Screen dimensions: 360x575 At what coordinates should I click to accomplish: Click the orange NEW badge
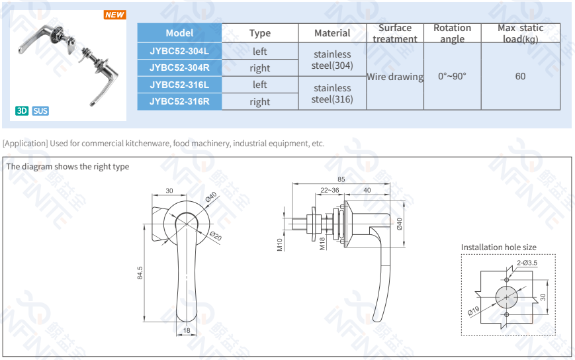pos(114,15)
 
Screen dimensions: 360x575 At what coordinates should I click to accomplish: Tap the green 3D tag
pos(22,111)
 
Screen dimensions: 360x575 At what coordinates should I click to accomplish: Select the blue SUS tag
pos(40,111)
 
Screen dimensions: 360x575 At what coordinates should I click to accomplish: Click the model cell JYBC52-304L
pos(179,51)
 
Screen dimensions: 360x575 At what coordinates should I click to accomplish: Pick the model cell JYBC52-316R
pos(179,101)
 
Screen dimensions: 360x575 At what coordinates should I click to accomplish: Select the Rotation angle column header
pos(452,33)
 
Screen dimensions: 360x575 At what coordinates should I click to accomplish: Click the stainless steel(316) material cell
pos(332,93)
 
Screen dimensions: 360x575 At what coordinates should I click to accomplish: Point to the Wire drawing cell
pos(394,77)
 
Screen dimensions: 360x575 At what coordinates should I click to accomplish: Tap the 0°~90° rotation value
pos(452,76)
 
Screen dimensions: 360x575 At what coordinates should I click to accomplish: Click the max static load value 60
pos(520,76)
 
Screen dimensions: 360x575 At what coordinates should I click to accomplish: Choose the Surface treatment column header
pos(394,33)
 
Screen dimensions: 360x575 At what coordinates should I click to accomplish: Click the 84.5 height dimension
pos(140,273)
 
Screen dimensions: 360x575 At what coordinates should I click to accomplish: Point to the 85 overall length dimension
pos(341,179)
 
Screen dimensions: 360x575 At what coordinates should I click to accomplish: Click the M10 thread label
pos(280,245)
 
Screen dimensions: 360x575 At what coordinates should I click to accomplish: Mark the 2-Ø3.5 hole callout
pos(527,263)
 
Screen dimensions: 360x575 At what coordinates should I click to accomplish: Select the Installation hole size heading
pos(498,247)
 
